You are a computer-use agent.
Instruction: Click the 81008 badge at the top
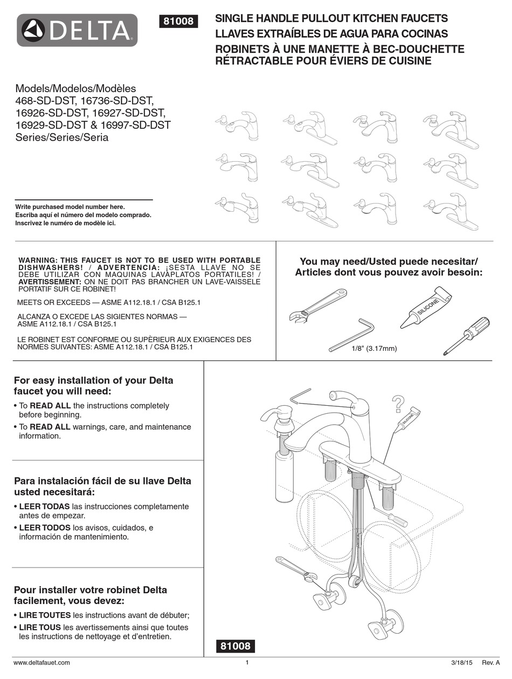point(178,22)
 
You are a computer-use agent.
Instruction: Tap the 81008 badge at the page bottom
point(235,646)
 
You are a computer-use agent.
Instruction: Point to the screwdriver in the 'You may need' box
point(468,335)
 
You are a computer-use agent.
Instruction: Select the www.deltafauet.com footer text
point(41,662)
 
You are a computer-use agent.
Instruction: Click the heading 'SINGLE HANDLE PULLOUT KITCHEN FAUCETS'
point(331,19)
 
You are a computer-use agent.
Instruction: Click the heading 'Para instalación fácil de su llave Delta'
point(102,481)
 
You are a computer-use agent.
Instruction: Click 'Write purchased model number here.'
point(70,207)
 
